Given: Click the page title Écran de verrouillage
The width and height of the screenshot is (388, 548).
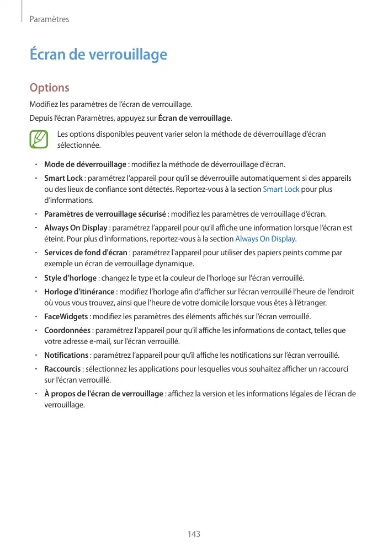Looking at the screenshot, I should (x=98, y=55).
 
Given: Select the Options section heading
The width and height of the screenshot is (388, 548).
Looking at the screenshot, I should (x=49, y=88).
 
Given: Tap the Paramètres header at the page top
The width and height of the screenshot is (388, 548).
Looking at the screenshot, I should (x=49, y=19).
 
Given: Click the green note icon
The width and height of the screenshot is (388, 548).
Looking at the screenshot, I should (x=40, y=139).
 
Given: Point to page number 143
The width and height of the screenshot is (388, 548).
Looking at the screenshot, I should (x=194, y=534).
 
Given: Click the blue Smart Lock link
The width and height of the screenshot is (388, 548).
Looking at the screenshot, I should (x=281, y=189).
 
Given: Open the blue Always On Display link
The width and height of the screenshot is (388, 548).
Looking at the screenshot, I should (x=265, y=239).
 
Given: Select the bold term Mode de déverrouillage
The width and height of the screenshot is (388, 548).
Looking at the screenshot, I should (x=85, y=164).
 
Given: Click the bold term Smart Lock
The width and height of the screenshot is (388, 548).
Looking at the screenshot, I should (x=63, y=178).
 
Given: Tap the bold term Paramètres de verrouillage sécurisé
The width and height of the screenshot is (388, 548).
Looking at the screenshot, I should (x=105, y=214).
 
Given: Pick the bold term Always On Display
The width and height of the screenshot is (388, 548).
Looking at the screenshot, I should (x=76, y=228).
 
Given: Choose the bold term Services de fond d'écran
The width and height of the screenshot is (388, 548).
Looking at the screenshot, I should (x=86, y=252).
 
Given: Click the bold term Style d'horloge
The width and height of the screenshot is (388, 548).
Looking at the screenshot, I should (x=70, y=277).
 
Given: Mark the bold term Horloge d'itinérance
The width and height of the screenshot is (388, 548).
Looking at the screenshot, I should (x=79, y=291).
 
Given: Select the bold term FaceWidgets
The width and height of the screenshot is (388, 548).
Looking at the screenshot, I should (x=66, y=316).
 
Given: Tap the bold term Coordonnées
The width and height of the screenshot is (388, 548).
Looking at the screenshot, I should (x=67, y=330).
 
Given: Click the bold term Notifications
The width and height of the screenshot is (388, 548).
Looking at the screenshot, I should (x=66, y=355).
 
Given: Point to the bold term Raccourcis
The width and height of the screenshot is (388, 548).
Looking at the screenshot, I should (x=62, y=369).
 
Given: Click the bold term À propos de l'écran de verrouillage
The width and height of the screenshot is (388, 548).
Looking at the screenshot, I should (x=103, y=394).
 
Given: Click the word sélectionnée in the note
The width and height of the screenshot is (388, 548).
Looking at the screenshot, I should (x=79, y=146).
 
